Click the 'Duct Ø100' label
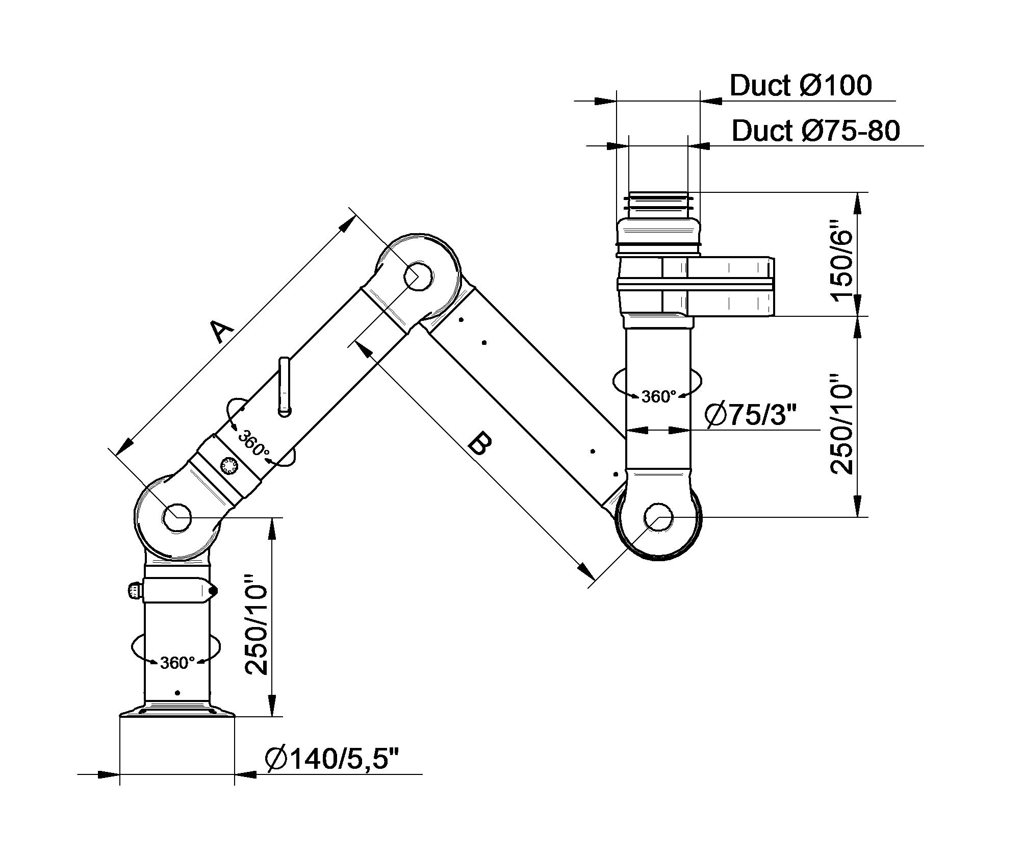click(x=801, y=85)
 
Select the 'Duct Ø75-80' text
click(x=815, y=131)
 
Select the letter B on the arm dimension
click(x=480, y=442)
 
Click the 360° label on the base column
click(x=177, y=663)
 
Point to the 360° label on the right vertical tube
click(x=658, y=396)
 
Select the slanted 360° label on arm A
click(x=253, y=443)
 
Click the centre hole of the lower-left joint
click(x=177, y=517)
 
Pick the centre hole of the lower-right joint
click(x=658, y=517)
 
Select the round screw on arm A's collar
click(x=229, y=465)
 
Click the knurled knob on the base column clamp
click(x=133, y=591)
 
